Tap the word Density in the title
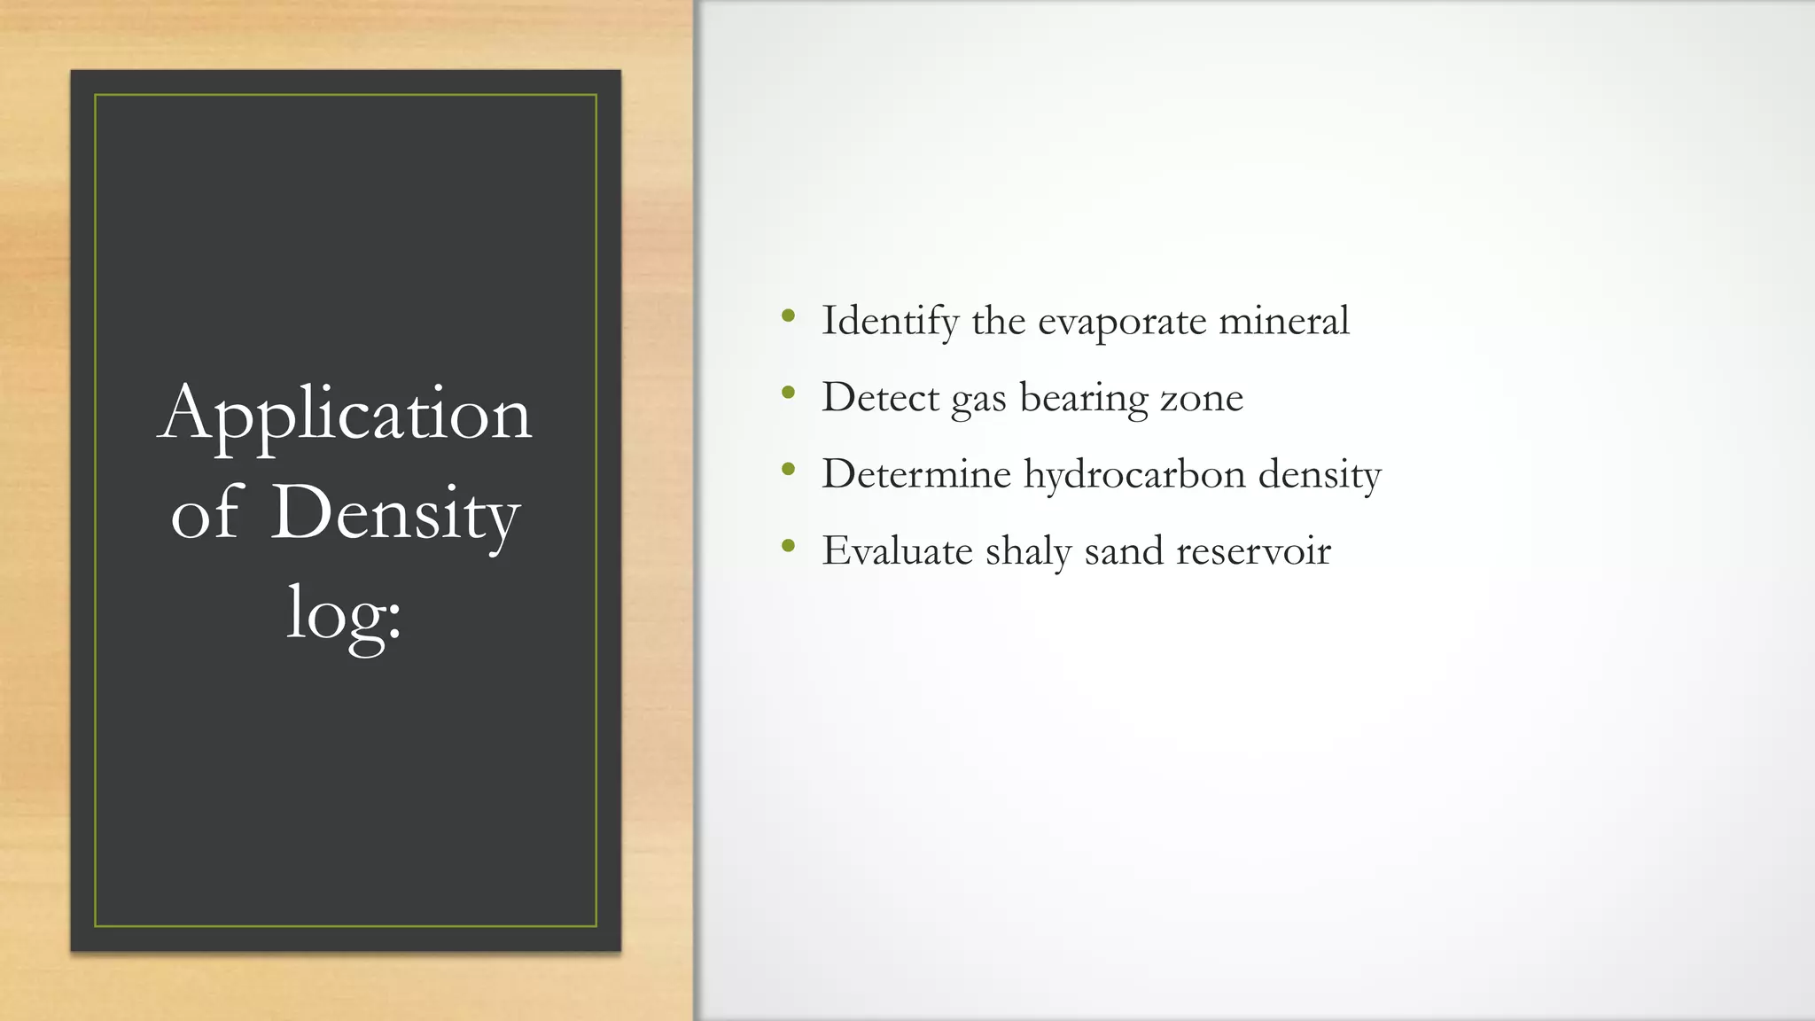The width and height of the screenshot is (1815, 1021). [394, 513]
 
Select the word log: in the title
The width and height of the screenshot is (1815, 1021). [344, 614]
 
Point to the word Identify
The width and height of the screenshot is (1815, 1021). [890, 321]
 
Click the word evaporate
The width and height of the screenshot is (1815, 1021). [1122, 322]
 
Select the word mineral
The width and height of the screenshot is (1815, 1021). [1284, 320]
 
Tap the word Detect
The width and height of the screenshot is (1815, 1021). [880, 397]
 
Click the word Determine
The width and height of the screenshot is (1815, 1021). [916, 474]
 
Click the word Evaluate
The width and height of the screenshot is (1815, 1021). [897, 550]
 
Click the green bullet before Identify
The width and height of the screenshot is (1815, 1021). [788, 316]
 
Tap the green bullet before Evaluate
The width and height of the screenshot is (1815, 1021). [788, 546]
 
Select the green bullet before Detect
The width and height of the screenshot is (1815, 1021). [788, 393]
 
